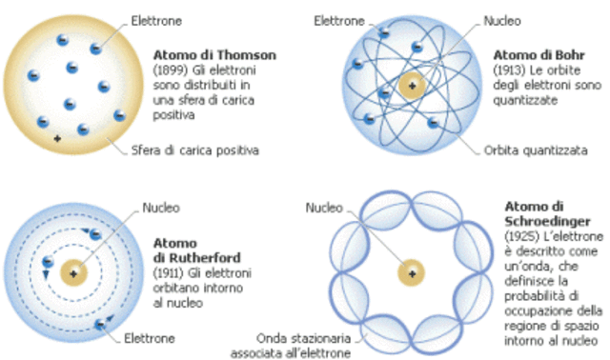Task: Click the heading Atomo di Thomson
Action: [214, 55]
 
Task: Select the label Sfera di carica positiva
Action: [194, 150]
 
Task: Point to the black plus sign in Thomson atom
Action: [57, 138]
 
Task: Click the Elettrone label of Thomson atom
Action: [156, 21]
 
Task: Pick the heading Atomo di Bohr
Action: [539, 55]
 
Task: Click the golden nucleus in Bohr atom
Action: [412, 85]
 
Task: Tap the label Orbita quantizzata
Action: [536, 150]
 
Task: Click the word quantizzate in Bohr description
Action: [525, 100]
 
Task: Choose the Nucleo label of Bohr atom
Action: [502, 21]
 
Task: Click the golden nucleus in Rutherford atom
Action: [73, 273]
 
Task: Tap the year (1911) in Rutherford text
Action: [169, 273]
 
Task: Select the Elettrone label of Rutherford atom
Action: [150, 338]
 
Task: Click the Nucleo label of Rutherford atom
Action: [161, 208]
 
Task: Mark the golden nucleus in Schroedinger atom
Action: [411, 273]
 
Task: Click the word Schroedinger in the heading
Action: [547, 221]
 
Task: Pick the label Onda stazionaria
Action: [303, 338]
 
